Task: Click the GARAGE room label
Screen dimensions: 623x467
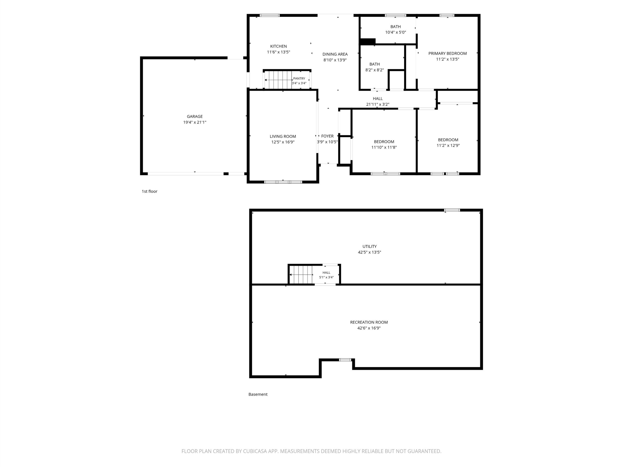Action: pyautogui.click(x=195, y=116)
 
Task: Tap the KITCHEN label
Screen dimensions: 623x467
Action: pyautogui.click(x=279, y=46)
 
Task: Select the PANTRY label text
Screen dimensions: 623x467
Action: pyautogui.click(x=299, y=79)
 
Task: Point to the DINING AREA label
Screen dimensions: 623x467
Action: pyautogui.click(x=335, y=54)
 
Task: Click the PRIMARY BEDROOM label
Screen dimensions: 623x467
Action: pyautogui.click(x=448, y=53)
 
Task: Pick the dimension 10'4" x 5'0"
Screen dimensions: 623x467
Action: pyautogui.click(x=395, y=32)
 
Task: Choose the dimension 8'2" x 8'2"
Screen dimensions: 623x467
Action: pyautogui.click(x=375, y=70)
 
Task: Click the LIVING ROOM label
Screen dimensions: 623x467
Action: pyautogui.click(x=283, y=136)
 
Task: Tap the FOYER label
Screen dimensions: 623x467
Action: pyautogui.click(x=327, y=136)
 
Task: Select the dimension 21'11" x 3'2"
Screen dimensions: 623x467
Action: pyautogui.click(x=378, y=104)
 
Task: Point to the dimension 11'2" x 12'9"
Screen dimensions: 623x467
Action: pyautogui.click(x=448, y=145)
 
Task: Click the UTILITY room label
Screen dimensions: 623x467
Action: pyautogui.click(x=369, y=246)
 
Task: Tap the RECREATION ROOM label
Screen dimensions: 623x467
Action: pyautogui.click(x=369, y=322)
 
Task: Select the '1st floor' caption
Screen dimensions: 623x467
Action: pyautogui.click(x=149, y=191)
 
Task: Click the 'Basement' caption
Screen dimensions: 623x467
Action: pyautogui.click(x=258, y=394)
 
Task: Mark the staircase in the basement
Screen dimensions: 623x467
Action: pyautogui.click(x=301, y=274)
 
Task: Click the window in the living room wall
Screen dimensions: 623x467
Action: pyautogui.click(x=283, y=182)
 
